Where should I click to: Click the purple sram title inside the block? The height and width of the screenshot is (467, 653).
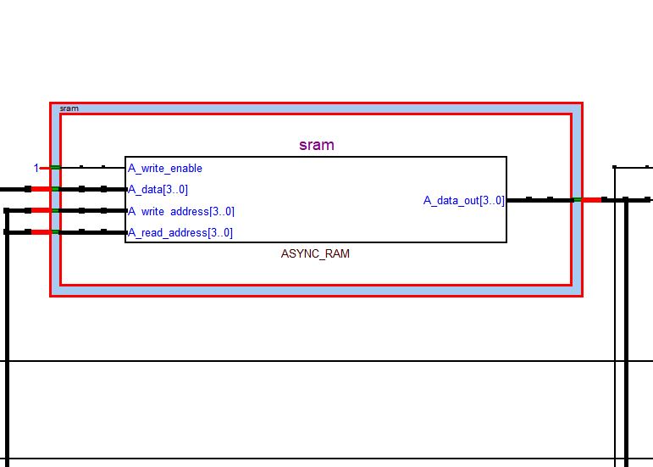click(x=316, y=145)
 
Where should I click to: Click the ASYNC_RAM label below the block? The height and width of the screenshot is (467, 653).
click(x=315, y=253)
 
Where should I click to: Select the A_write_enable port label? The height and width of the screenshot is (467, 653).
click(x=165, y=169)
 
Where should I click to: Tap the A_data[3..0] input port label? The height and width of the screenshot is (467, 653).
click(x=158, y=190)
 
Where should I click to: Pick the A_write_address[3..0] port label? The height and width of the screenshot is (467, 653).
click(x=181, y=211)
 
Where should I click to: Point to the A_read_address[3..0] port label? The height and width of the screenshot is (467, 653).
click(x=180, y=232)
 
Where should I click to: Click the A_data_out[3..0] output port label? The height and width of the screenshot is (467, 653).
click(x=463, y=201)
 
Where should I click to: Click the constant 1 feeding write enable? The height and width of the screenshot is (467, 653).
click(x=36, y=168)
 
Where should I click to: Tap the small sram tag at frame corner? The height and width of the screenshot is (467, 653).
click(x=69, y=108)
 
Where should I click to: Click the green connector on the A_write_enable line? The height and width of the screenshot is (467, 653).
click(x=55, y=168)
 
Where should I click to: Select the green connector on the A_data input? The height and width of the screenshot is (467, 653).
click(x=55, y=189)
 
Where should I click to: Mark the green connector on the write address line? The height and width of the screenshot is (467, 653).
click(x=55, y=210)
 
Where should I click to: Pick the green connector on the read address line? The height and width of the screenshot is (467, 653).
click(x=55, y=231)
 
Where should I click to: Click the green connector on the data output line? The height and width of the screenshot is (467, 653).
click(x=577, y=200)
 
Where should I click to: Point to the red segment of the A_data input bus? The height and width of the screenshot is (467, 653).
click(x=41, y=189)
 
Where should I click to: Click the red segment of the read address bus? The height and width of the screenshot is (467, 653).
click(x=41, y=231)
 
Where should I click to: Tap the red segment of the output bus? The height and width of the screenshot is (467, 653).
click(x=591, y=200)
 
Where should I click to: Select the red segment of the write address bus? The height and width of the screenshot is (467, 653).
click(x=41, y=210)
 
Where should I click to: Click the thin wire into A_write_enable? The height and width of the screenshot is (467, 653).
click(x=93, y=168)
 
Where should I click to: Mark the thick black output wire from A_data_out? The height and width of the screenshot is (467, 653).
click(x=539, y=200)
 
